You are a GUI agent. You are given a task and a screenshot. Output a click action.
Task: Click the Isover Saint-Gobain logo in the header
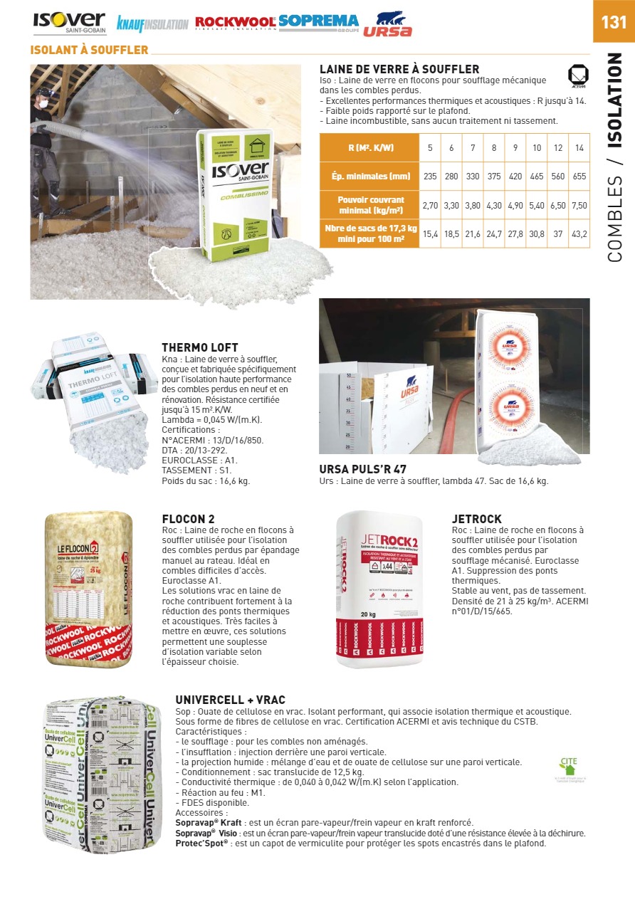pyautogui.click(x=69, y=23)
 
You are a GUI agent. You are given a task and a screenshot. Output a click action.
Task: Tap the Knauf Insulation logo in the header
pyautogui.click(x=152, y=24)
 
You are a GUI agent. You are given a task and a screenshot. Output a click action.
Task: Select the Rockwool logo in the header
pyautogui.click(x=236, y=23)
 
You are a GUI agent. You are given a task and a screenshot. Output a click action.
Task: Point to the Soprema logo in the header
pyautogui.click(x=319, y=21)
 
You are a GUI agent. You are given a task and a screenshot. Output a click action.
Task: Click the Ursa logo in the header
pyautogui.click(x=388, y=25)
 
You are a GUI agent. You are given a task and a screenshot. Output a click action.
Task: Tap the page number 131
pyautogui.click(x=614, y=21)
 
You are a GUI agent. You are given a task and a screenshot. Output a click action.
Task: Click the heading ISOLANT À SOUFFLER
pyautogui.click(x=90, y=50)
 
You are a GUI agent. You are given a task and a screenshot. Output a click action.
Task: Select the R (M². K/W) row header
pyautogui.click(x=370, y=148)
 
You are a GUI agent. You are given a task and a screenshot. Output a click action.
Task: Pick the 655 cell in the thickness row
pyautogui.click(x=579, y=176)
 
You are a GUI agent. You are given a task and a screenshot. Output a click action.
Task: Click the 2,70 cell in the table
pyautogui.click(x=430, y=205)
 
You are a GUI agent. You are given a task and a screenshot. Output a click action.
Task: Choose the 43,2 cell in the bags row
pyautogui.click(x=579, y=233)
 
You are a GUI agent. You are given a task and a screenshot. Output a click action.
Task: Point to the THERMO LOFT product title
pyautogui.click(x=200, y=348)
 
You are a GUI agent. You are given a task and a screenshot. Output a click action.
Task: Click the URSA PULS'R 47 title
pyautogui.click(x=363, y=470)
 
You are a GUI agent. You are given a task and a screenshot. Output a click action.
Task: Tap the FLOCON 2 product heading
pyautogui.click(x=189, y=519)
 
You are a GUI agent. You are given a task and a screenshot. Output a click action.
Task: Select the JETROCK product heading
pyautogui.click(x=477, y=519)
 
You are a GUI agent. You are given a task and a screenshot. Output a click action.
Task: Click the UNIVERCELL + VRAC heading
pyautogui.click(x=230, y=700)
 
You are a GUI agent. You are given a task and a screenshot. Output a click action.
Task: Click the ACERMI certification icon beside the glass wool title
pyautogui.click(x=577, y=75)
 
